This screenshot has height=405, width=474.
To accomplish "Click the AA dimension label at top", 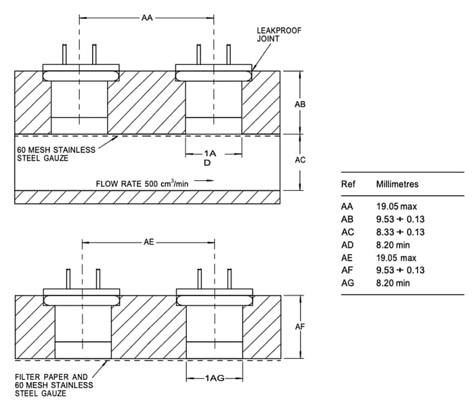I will point(147,18).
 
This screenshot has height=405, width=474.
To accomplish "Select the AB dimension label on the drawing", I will point(301,105).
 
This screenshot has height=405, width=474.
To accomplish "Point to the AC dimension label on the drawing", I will point(301,160).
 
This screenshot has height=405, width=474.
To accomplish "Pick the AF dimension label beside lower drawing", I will point(301,326).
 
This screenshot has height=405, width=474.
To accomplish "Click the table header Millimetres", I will point(397,184).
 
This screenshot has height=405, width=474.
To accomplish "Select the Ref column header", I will point(348,184).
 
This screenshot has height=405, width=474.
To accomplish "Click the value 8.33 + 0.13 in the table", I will point(400,232).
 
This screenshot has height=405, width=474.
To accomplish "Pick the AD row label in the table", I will point(348,245).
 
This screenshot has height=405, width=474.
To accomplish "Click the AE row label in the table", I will point(348,257).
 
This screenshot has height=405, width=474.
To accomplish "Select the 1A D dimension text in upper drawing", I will point(214,158).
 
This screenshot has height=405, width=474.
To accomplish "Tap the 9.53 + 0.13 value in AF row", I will point(400,270).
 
